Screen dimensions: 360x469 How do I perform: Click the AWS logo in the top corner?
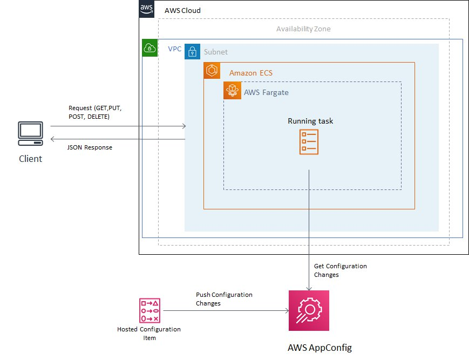(147, 9)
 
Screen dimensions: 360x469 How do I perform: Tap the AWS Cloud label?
(182, 11)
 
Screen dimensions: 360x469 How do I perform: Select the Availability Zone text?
(303, 29)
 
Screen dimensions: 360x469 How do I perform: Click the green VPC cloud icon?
(150, 48)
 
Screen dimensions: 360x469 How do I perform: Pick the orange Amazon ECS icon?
(212, 71)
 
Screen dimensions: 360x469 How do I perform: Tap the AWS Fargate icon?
(232, 91)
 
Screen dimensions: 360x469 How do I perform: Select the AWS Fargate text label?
(266, 92)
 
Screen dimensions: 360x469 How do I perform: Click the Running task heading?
(310, 121)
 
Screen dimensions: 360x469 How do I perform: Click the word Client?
(30, 159)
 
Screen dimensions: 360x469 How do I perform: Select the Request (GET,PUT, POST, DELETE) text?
(96, 112)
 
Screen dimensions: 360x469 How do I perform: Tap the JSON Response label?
(90, 147)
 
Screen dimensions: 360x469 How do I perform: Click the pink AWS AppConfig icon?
(308, 310)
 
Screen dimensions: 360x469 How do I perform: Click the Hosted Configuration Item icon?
(149, 310)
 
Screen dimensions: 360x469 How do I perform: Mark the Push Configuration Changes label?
(224, 299)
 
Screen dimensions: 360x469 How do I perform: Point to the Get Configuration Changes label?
(340, 270)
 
